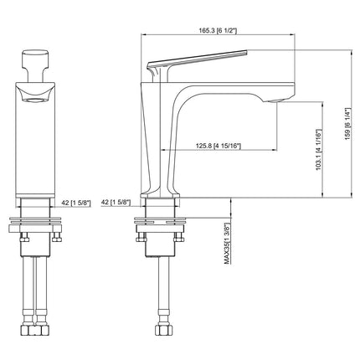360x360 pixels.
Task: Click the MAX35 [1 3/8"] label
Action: (x=227, y=244)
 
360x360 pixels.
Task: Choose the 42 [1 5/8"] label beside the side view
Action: (x=115, y=201)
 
